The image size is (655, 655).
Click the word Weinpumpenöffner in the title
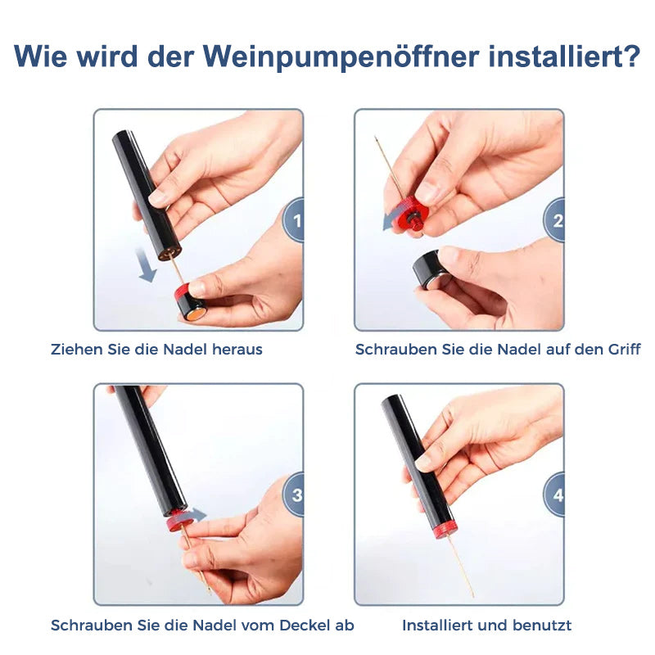point(341,56)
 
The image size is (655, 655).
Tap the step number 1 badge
point(293,220)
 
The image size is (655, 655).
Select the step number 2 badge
point(554,220)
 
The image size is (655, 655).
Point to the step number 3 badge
point(293,495)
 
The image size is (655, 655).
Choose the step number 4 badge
point(554,495)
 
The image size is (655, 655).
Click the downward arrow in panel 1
point(146,264)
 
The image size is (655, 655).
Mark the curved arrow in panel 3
point(196,515)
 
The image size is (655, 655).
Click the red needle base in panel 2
point(411,215)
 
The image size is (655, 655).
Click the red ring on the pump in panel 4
point(445,530)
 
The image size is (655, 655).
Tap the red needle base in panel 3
point(179,521)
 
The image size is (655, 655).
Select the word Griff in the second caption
point(624,350)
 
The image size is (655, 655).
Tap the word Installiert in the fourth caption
point(437,626)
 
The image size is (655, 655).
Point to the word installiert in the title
point(555,56)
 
